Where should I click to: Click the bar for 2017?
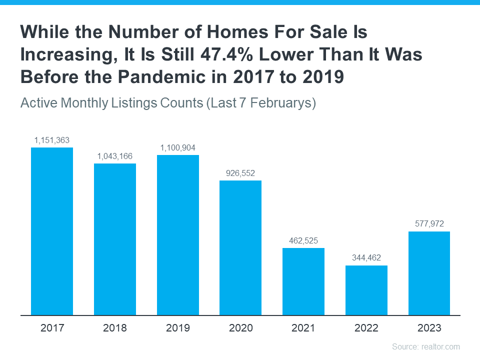click(x=52, y=231)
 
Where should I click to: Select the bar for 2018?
click(x=115, y=239)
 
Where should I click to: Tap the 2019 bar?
click(x=178, y=235)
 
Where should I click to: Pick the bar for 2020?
click(x=240, y=247)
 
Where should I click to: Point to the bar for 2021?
click(x=303, y=281)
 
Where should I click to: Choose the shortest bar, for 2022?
click(x=366, y=290)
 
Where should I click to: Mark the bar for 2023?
click(x=429, y=273)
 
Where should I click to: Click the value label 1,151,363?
click(x=52, y=140)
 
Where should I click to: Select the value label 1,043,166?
click(x=115, y=156)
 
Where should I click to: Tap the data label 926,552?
click(x=240, y=173)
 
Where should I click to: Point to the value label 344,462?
click(x=366, y=258)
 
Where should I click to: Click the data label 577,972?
click(x=429, y=224)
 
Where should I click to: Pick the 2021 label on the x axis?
click(x=303, y=328)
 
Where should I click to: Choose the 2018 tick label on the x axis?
click(x=115, y=328)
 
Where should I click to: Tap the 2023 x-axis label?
click(x=429, y=328)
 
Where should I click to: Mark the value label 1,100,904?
click(x=178, y=147)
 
